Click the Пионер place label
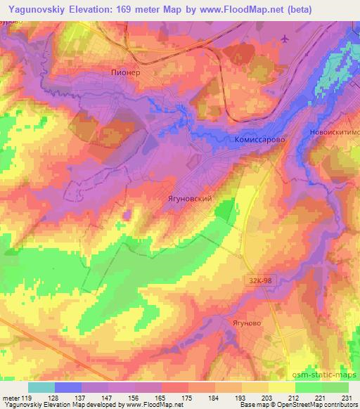(x=127, y=72)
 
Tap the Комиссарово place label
(x=259, y=140)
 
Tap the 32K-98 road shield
(x=260, y=280)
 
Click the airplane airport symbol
(x=284, y=38)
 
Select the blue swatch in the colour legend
(x=68, y=387)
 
